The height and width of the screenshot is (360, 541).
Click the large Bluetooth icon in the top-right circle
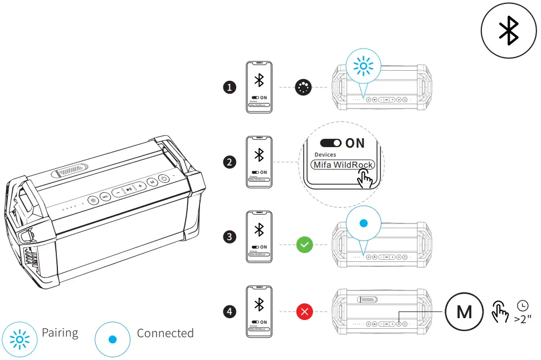(x=508, y=30)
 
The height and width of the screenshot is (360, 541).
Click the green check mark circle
(x=304, y=244)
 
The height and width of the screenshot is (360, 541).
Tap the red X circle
(x=304, y=312)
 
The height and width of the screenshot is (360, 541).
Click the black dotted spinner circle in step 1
(x=304, y=87)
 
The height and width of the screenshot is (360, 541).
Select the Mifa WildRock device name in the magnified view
(x=343, y=165)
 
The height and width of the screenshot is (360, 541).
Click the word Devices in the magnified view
(x=325, y=154)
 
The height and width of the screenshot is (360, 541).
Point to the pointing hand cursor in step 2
(x=365, y=178)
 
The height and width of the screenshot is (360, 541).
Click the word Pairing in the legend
(x=60, y=333)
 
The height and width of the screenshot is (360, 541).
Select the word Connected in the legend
(x=165, y=333)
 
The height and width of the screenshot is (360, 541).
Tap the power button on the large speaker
(x=164, y=179)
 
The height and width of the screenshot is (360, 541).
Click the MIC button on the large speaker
(x=105, y=196)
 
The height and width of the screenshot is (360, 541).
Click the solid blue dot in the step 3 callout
(x=363, y=223)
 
